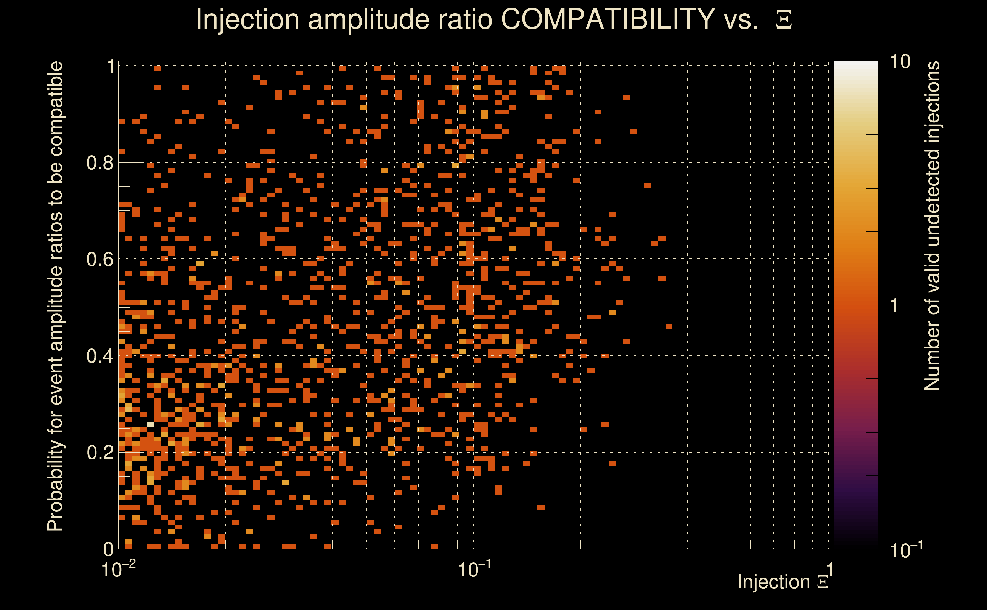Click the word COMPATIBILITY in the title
(608, 19)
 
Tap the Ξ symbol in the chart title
(784, 20)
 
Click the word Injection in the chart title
(248, 20)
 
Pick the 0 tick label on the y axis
(108, 549)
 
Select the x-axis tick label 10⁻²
(118, 569)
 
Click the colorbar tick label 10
(900, 62)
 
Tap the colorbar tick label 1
(894, 306)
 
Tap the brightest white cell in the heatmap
(150, 424)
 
